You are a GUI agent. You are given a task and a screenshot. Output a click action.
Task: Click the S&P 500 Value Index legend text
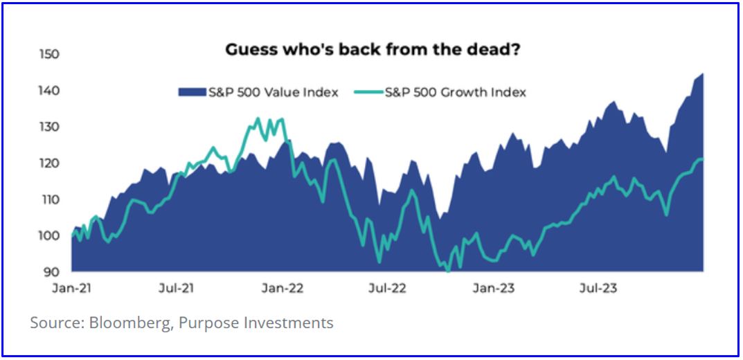click(x=274, y=92)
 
